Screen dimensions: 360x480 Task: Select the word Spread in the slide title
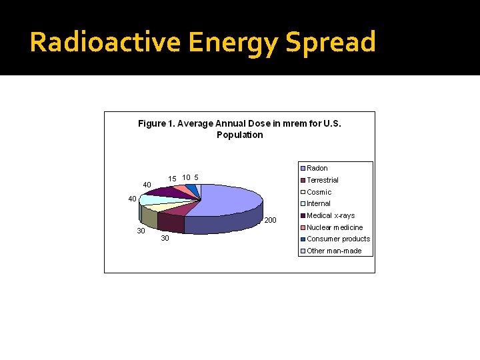point(330,42)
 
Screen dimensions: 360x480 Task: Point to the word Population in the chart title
point(239,135)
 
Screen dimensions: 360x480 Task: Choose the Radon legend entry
point(317,168)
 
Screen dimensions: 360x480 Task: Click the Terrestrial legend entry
point(322,180)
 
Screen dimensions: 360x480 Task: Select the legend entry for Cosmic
point(319,192)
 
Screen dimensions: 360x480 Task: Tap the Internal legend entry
point(318,203)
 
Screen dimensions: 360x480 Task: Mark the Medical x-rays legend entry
point(330,215)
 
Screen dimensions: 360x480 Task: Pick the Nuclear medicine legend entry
point(334,227)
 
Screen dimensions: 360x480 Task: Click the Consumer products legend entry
point(338,239)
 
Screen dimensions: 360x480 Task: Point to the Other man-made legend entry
point(333,251)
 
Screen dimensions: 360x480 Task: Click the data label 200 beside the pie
point(270,220)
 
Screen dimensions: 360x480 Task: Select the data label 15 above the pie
point(172,179)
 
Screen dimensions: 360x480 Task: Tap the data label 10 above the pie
point(187,177)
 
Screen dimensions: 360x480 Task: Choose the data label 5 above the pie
point(196,177)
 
